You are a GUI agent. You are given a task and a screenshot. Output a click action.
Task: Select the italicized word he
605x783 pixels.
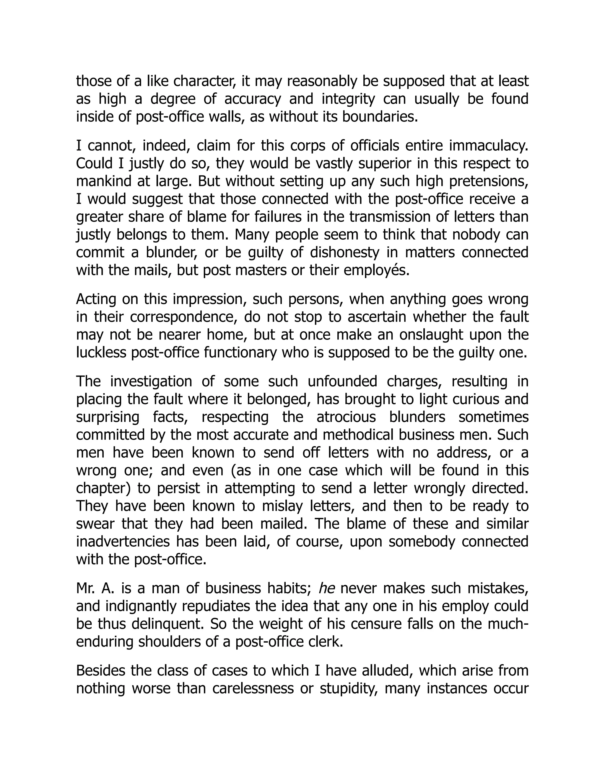[326, 588]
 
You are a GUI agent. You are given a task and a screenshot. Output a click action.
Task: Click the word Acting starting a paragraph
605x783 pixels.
[95, 299]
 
